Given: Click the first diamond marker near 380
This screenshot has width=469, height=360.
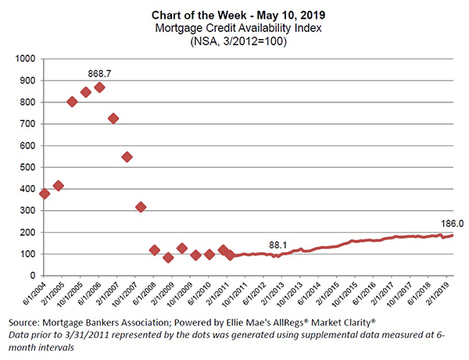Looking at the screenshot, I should click(x=45, y=194).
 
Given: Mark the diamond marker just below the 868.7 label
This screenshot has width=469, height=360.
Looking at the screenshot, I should click(x=99, y=87).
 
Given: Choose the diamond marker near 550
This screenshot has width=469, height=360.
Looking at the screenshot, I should click(x=127, y=156).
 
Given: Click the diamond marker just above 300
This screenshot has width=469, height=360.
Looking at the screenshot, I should click(x=141, y=207).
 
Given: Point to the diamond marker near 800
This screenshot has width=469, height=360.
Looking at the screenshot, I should click(x=72, y=102).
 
